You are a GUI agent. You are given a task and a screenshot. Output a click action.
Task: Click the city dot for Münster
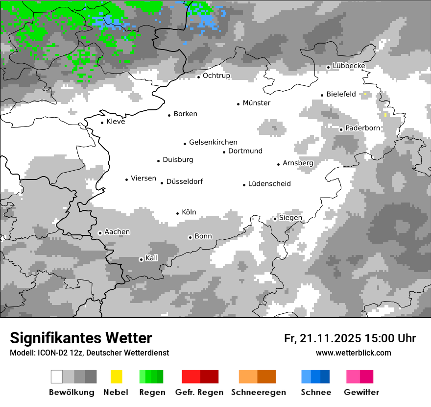(238, 103)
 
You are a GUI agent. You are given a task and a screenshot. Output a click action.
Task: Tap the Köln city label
(189, 212)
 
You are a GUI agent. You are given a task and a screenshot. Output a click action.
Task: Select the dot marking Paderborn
(341, 129)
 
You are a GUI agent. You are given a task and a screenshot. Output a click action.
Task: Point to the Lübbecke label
(349, 66)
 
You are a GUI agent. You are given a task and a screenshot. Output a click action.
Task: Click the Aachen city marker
(100, 233)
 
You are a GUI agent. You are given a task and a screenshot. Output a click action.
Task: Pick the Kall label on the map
(152, 258)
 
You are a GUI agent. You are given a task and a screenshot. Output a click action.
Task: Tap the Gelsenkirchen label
(213, 142)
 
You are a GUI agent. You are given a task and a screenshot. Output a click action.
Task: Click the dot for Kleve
(102, 123)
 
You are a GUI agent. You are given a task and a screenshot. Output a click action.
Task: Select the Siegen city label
(290, 218)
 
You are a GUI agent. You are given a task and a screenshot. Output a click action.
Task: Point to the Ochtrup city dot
(198, 76)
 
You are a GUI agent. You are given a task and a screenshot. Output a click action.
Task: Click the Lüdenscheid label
(269, 184)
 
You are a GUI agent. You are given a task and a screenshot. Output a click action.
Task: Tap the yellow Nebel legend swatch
(116, 377)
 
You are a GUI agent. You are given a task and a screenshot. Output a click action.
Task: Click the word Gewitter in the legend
(361, 392)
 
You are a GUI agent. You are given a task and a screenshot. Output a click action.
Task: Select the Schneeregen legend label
(259, 392)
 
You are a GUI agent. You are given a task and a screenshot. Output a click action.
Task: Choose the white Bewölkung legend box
(57, 377)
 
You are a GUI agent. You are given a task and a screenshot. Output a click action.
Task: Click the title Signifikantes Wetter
(81, 338)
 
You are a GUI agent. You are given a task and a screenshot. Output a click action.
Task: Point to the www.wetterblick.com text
(353, 353)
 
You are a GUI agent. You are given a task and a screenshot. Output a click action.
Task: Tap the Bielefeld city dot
(322, 95)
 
